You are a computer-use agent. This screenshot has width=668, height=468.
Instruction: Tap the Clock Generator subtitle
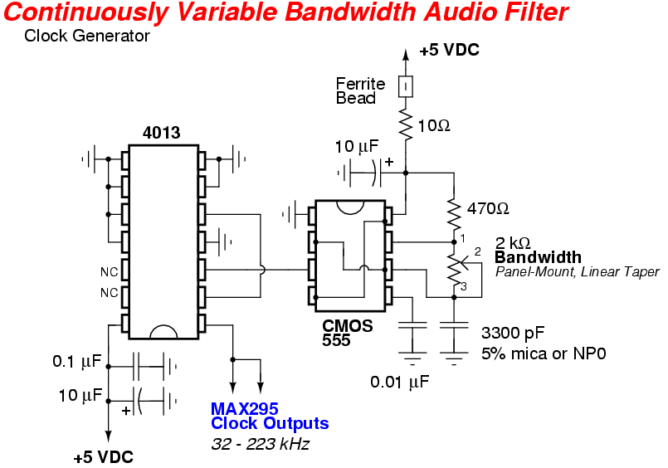(87, 36)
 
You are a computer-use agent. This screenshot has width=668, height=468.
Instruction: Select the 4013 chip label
(161, 133)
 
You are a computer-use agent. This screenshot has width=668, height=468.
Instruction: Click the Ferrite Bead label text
(360, 90)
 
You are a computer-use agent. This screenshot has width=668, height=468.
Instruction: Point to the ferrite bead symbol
(406, 85)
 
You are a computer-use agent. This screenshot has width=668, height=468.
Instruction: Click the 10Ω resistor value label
(434, 126)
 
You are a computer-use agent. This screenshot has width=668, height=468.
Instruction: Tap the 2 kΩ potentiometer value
(513, 243)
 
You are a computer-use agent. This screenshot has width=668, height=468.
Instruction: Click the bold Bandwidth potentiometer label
(538, 257)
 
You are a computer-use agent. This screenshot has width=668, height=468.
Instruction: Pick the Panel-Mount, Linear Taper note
(577, 271)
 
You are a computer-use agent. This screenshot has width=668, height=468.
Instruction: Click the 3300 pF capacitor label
(513, 334)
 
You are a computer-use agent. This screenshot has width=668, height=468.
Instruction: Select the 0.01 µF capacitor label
(400, 382)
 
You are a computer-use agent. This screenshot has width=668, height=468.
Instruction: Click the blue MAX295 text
(245, 408)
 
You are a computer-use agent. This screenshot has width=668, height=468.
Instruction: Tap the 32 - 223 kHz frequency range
(260, 444)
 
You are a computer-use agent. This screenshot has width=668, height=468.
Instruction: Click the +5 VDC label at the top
(449, 51)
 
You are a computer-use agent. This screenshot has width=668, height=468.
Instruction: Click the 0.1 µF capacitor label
(76, 362)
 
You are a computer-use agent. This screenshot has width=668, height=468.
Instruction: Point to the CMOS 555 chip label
(347, 333)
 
